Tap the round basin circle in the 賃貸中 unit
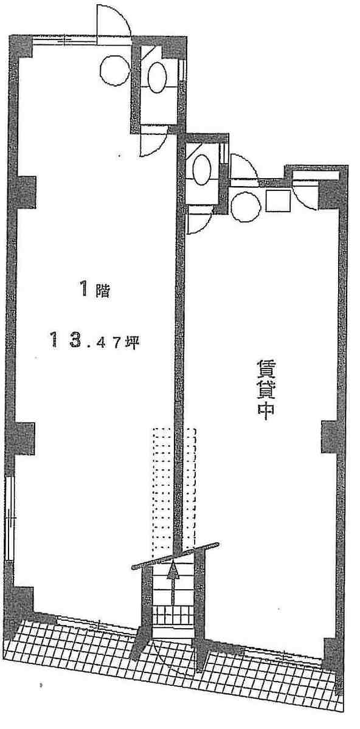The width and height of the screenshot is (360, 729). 244,207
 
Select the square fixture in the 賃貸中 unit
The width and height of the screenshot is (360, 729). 278,201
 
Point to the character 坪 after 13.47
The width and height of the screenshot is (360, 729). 131,343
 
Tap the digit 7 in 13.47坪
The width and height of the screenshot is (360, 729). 116,344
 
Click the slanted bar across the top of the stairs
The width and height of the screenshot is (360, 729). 175,555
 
